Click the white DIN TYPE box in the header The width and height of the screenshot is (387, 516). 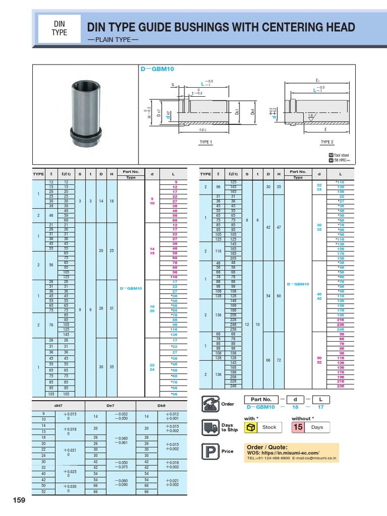tap(59, 28)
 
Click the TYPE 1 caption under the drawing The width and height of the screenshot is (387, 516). tap(205, 142)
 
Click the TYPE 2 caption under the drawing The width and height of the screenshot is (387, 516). tap(328, 142)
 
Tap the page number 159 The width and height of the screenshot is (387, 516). tap(19, 500)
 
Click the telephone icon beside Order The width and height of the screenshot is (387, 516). tap(210, 404)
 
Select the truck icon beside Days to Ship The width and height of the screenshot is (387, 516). tap(210, 427)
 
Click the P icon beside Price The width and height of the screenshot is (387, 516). tap(210, 451)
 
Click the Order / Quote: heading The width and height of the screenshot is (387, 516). tap(267, 447)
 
